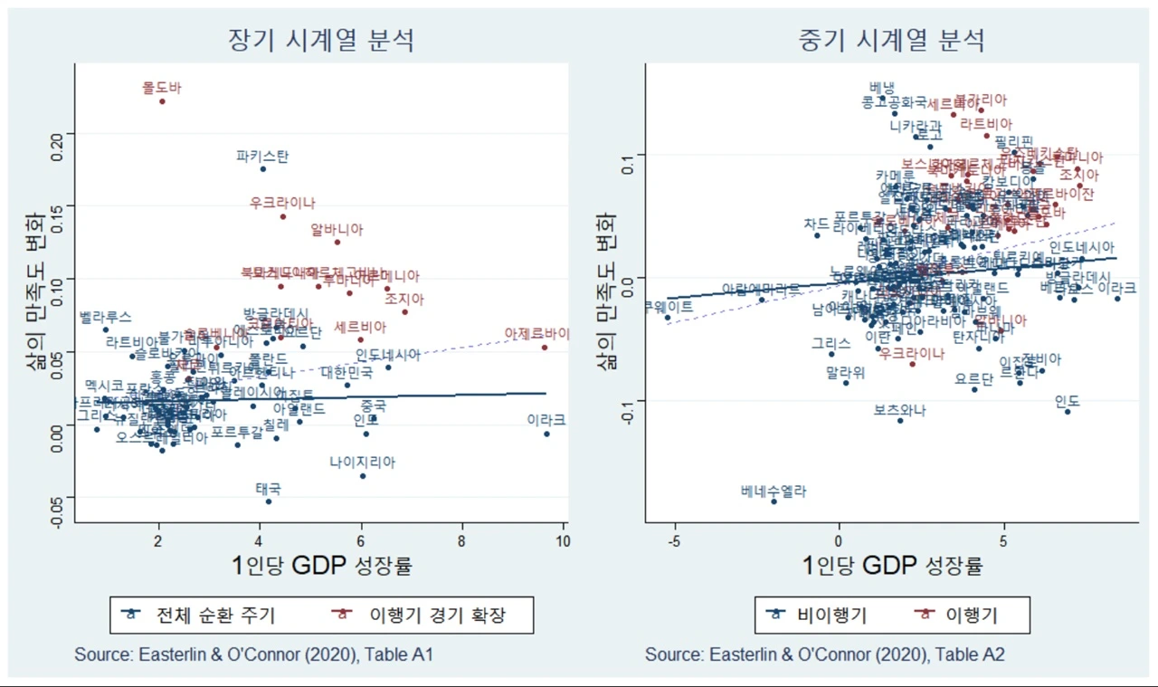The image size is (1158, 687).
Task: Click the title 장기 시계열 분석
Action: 320,40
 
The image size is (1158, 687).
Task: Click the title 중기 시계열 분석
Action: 891,40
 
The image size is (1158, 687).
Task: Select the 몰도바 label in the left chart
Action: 162,88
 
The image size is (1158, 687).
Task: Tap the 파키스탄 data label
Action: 262,156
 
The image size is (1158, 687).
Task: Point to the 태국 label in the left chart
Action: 268,488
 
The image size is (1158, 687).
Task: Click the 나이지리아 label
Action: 362,462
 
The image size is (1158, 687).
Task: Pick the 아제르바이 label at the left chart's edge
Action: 538,334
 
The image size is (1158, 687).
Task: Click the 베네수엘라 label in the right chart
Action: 773,491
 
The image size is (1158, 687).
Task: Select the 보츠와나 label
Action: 899,410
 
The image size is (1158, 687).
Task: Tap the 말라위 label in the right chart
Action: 846,371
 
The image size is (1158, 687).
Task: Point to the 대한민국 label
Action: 346,371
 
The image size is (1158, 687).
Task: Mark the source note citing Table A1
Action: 254,654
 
